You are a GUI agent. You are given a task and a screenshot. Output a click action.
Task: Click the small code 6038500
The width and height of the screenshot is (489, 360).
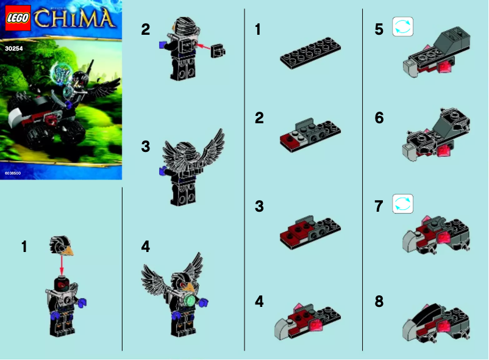[12, 174]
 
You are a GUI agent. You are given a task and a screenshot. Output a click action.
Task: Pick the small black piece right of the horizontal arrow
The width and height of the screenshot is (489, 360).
[218, 52]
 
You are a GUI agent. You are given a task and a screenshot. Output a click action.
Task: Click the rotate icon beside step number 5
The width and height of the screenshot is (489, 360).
[403, 27]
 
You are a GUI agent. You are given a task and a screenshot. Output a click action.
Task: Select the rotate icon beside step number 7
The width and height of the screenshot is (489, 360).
[403, 204]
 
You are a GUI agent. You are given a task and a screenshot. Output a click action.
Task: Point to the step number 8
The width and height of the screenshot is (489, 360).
[379, 302]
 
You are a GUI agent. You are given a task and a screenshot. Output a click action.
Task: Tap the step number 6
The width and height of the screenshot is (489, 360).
[379, 118]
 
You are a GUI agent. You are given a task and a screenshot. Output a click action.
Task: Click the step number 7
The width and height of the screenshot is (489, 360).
[379, 206]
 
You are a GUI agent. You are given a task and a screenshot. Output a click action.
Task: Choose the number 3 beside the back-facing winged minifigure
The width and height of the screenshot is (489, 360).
[145, 147]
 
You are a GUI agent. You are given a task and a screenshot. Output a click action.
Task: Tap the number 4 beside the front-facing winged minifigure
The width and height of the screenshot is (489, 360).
[145, 247]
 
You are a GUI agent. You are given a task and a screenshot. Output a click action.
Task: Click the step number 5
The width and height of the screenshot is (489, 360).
[379, 29]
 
